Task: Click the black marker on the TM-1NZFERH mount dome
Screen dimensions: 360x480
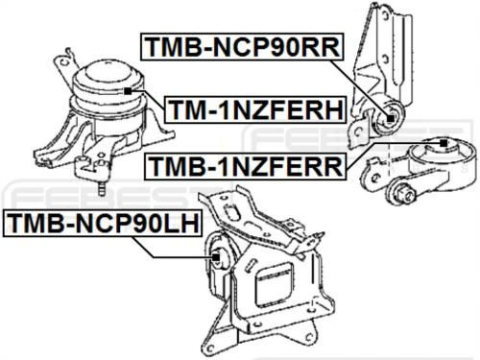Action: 128,90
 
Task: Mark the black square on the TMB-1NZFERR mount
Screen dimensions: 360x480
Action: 444,143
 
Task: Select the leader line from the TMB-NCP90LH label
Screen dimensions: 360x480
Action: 178,251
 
